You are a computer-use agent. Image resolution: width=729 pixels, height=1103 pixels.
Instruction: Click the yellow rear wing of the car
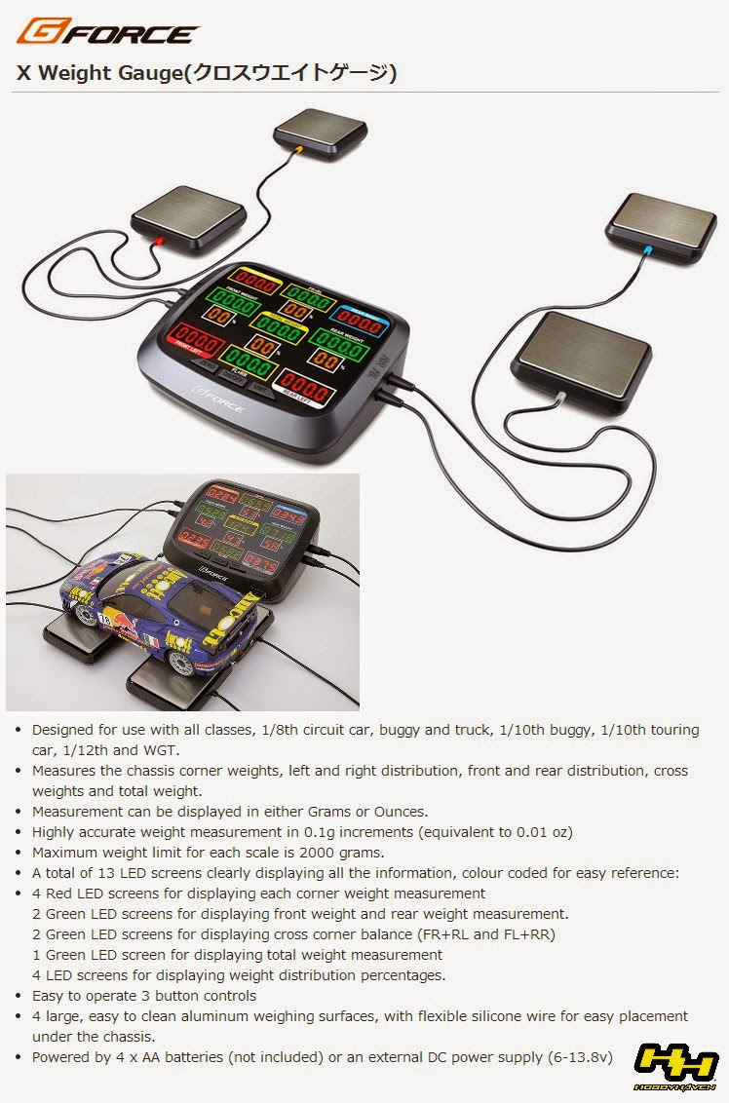click(241, 604)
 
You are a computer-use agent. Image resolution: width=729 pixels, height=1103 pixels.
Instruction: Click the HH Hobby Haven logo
click(675, 1065)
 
